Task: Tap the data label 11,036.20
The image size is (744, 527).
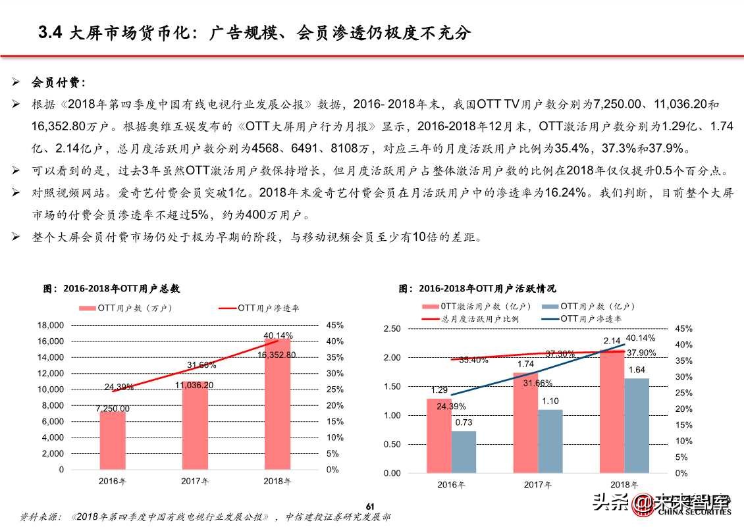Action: pos(195,385)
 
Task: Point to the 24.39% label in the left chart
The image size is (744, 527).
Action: pos(119,386)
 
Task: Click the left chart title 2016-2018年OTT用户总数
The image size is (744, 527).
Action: pos(112,288)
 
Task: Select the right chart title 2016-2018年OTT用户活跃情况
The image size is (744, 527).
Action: pos(477,288)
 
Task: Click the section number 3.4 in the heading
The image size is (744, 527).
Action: pos(49,34)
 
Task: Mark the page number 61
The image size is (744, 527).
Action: pos(370,505)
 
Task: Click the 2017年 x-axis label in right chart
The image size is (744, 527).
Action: pos(538,485)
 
